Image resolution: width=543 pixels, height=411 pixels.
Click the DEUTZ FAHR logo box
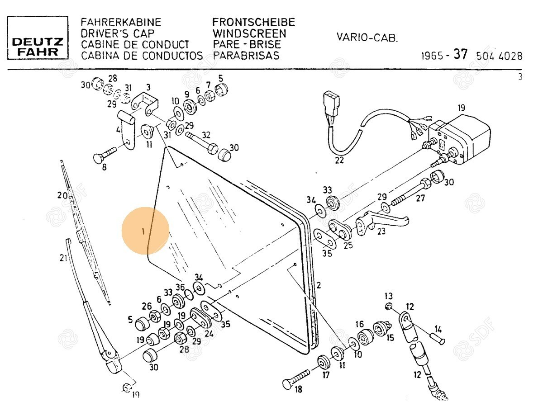(38, 38)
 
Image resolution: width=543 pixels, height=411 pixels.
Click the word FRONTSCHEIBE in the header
(253, 22)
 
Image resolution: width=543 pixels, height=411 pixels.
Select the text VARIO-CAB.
(367, 38)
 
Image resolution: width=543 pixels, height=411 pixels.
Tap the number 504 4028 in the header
(499, 57)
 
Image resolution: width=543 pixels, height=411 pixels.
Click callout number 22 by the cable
(339, 160)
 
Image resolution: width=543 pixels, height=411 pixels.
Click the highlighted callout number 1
(143, 231)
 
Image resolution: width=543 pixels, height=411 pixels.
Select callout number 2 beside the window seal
(318, 285)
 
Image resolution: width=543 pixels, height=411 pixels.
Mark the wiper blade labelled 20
(86, 235)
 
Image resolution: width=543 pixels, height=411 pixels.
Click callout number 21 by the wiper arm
(63, 258)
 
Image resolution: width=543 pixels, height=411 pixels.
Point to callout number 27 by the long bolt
(420, 198)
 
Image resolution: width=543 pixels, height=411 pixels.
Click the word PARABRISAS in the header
(246, 56)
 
